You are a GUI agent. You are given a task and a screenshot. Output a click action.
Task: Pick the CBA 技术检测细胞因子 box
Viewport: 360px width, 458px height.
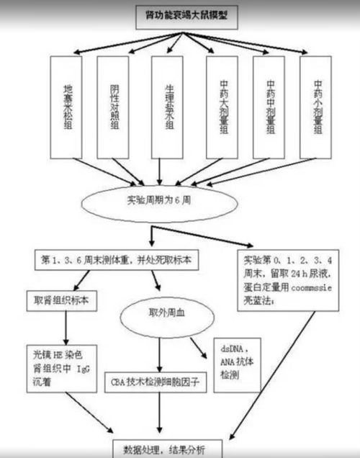[155, 384]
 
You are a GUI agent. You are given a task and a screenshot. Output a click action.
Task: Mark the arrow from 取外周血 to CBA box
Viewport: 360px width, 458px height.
[157, 353]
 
